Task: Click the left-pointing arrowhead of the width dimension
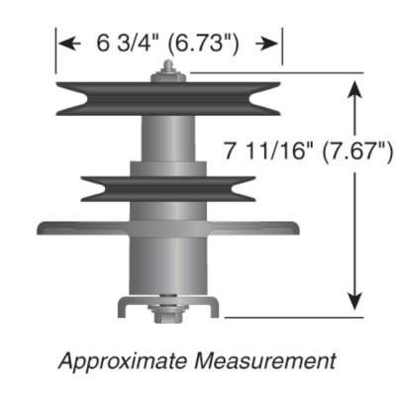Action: (x=66, y=44)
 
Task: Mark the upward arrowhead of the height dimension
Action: (x=355, y=89)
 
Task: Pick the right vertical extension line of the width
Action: (x=282, y=48)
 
